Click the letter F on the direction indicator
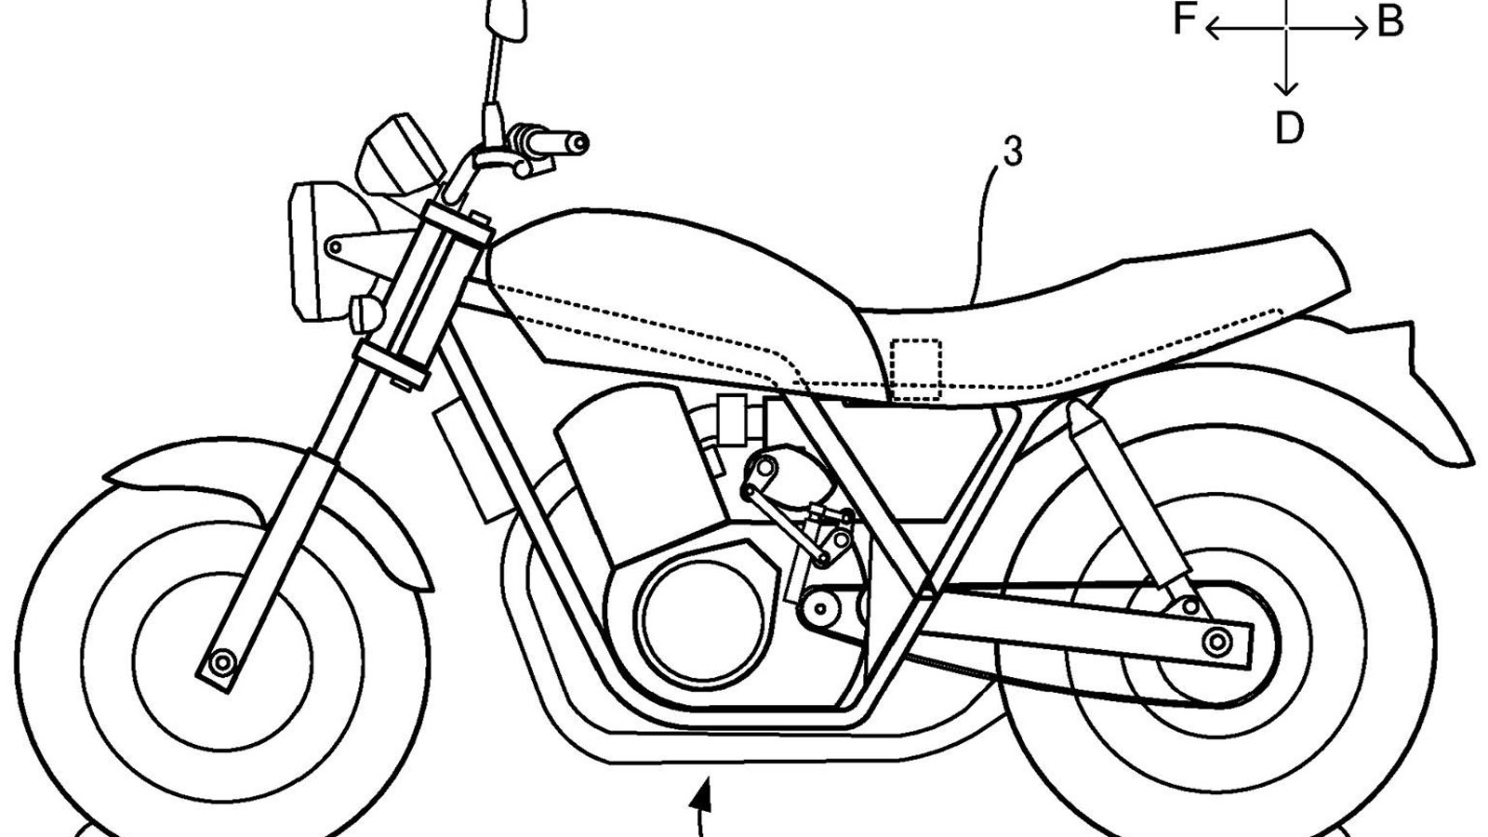tap(1182, 20)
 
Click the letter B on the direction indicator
tap(1389, 21)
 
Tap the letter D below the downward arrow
tap(1288, 129)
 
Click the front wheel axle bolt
tap(220, 663)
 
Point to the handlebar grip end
tap(578, 142)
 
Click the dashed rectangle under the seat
tap(916, 370)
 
